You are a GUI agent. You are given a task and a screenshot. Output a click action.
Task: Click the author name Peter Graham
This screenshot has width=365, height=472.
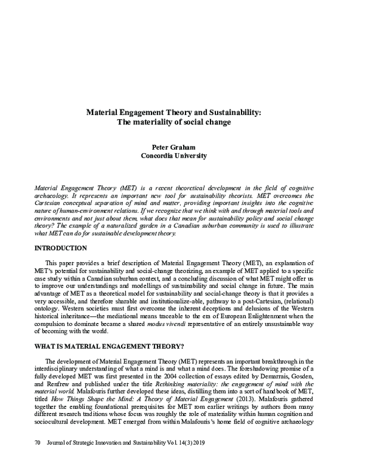point(173,147)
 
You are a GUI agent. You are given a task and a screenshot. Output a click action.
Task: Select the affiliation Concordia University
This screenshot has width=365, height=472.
point(173,156)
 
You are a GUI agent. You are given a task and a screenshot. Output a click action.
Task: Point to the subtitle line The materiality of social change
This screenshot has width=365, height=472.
point(173,121)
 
